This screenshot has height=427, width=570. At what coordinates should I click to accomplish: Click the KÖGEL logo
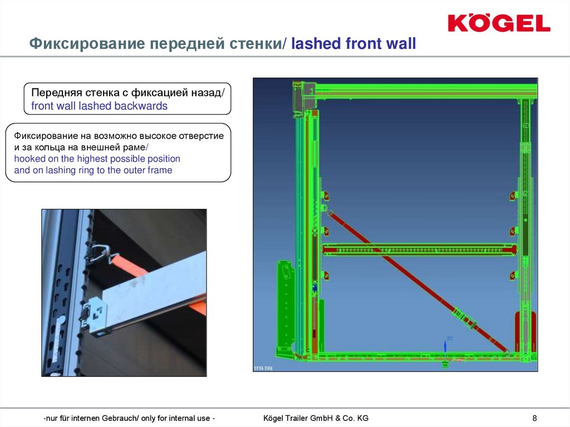point(499,23)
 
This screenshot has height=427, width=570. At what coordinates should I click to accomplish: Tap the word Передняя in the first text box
point(56,92)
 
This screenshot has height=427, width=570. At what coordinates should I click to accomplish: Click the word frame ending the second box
point(160,170)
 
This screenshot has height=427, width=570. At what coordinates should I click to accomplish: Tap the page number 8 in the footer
point(534,418)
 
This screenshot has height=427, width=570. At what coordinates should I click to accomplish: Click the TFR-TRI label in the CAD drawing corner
point(263,368)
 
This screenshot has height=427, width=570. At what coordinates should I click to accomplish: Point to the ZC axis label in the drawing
point(449,338)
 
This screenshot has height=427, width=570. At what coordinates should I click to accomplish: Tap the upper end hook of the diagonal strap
point(330,212)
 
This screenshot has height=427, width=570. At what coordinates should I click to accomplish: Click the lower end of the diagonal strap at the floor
point(506,351)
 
